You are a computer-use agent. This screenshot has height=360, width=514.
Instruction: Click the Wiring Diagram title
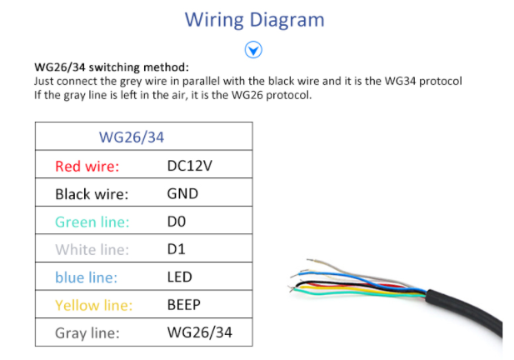[x=254, y=19]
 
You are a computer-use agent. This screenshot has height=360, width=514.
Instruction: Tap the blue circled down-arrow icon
[x=254, y=50]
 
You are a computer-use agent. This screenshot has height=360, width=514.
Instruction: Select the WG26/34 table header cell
[x=132, y=137]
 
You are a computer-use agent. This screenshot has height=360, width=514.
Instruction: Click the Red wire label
[x=87, y=166]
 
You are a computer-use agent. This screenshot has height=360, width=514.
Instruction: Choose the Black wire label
[x=92, y=194]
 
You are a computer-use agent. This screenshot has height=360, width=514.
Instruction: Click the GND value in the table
[x=182, y=193]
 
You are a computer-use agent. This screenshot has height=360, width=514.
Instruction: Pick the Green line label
[x=92, y=222]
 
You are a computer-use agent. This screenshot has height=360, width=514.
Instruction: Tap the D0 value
[x=177, y=222]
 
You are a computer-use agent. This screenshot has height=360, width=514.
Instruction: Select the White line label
[x=92, y=249]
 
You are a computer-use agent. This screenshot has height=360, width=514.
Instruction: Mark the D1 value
[x=177, y=249]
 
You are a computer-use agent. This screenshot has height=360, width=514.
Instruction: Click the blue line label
[x=86, y=277]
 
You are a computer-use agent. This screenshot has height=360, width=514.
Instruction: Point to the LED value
[x=180, y=277]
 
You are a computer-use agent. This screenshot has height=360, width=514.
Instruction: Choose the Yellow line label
[x=93, y=305]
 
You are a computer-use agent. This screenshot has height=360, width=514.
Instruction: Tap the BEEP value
[x=184, y=305]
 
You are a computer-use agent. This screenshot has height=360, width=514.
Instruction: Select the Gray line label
[x=87, y=333]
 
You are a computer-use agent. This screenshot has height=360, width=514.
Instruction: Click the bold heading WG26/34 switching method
[x=112, y=67]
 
